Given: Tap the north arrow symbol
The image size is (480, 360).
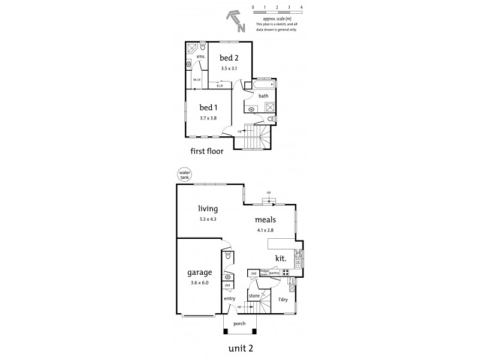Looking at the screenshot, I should [235, 22].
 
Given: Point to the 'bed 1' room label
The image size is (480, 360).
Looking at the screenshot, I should [210, 109].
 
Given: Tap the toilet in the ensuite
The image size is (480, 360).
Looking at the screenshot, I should [203, 46].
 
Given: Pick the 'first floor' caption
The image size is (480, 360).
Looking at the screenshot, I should [206, 152].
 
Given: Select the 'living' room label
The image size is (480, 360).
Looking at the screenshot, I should [208, 209].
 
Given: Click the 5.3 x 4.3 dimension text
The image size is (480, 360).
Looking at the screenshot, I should [208, 219].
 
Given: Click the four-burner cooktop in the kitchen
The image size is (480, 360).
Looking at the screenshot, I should [286, 272].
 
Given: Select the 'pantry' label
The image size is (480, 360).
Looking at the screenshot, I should [274, 272].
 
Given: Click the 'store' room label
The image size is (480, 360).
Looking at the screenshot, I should [254, 295].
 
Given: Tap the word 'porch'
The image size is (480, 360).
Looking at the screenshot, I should [240, 324].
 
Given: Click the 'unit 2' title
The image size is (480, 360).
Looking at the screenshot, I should [239, 347].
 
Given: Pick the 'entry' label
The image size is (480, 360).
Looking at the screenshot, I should [230, 298].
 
